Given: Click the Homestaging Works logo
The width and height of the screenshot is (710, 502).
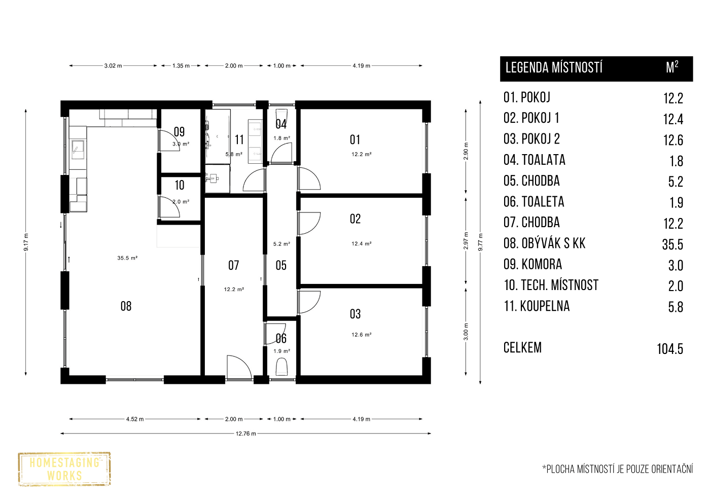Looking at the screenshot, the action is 64,469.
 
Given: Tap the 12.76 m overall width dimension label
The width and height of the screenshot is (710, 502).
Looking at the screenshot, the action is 245,434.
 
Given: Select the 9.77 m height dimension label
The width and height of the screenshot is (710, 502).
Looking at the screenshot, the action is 481,242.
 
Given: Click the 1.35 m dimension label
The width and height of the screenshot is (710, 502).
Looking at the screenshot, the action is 181,66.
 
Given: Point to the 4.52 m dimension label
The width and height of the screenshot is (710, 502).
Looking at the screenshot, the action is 135,419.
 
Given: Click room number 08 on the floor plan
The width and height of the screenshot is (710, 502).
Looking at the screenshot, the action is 126,306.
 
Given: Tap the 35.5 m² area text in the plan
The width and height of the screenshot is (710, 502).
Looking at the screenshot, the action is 127,258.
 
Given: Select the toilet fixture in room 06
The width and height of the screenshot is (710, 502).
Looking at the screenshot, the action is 281,367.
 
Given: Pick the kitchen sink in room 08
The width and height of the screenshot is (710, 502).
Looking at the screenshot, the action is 77,150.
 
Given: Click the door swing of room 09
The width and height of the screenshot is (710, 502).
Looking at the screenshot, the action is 169,140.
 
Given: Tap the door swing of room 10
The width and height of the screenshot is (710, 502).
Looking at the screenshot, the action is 169,207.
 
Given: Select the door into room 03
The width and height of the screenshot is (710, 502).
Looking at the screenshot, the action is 309,302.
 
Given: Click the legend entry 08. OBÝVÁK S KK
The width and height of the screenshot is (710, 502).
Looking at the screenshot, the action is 544,243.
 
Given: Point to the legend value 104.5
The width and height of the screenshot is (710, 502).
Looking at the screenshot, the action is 670,349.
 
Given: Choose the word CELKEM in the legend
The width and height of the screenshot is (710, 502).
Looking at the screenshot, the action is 522,348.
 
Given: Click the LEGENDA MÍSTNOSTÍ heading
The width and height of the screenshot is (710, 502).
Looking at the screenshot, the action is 554,67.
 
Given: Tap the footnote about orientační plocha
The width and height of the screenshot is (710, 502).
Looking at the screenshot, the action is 618,469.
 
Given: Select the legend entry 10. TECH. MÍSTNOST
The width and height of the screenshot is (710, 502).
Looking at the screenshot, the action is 551,285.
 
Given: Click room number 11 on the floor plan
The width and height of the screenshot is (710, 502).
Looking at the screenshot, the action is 239,140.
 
